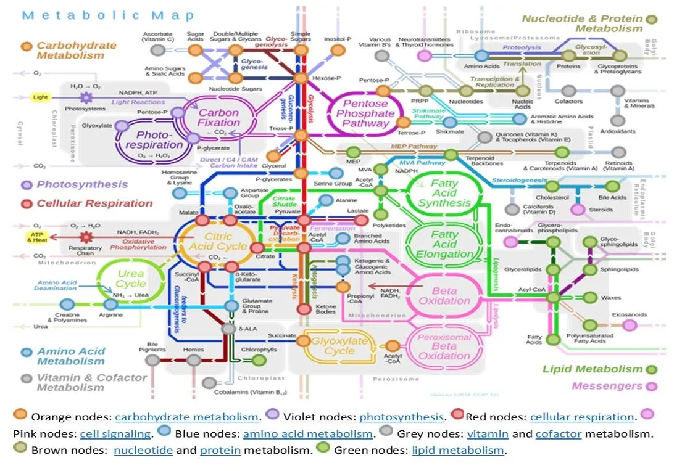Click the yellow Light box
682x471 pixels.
tap(40, 97)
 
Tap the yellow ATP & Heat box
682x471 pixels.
tap(36, 237)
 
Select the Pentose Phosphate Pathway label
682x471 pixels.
tap(369, 113)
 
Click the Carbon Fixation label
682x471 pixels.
tap(218, 118)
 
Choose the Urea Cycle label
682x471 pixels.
tap(130, 279)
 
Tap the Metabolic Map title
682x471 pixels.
tap(108, 15)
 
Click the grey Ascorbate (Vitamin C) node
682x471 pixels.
tap(158, 50)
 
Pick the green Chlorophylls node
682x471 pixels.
tap(259, 360)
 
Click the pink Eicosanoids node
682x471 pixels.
tap(629, 325)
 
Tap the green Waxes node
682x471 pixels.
tap(591, 298)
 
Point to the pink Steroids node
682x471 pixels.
tap(578, 210)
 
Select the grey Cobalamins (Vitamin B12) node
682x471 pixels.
tap(209, 383)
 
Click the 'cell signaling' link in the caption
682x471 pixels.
tap(115, 434)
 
